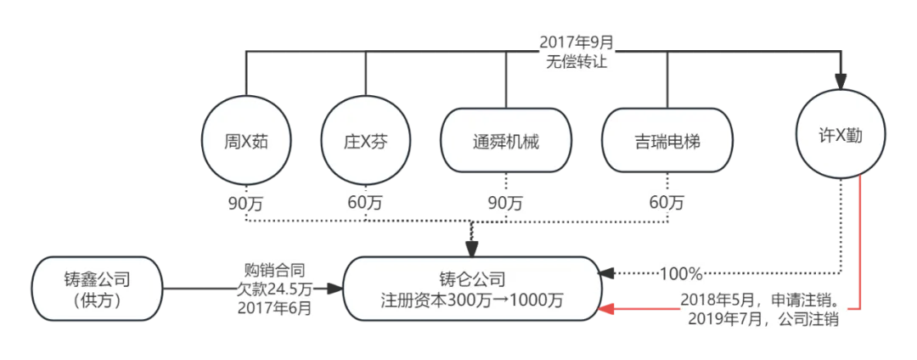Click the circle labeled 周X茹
pos(246,141)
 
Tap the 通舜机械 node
pos(505,141)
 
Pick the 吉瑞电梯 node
pos(666,141)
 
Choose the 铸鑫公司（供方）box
pos(98,289)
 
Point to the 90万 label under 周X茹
pos(247,203)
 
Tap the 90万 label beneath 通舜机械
pos(504,203)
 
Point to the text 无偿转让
pos(577,60)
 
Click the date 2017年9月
pos(577,41)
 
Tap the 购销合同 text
pos(275,269)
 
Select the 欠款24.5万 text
pos(275,289)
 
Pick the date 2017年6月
pos(275,308)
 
